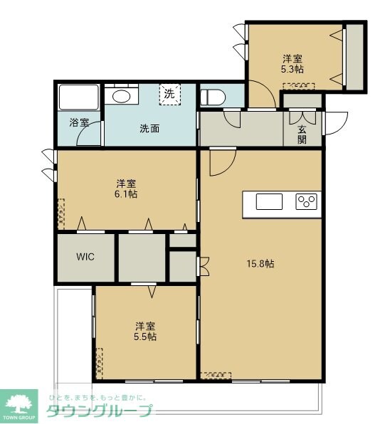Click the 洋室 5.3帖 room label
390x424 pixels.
coord(292,63)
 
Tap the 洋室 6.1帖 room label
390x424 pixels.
coord(127,188)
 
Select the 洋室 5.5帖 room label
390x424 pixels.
coord(146,331)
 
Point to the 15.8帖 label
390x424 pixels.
coord(260,263)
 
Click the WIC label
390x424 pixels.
coord(85,257)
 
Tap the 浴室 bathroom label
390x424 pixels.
coord(79,122)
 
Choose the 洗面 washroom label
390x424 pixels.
coord(149,129)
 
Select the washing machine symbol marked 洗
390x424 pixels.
coord(169,93)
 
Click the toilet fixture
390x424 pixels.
coord(212,97)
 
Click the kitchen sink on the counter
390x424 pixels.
coord(269,201)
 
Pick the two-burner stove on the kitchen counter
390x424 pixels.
coord(307,201)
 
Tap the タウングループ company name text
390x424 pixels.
coord(99,411)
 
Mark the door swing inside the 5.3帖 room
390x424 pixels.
coord(262,95)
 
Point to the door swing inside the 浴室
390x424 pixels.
coord(89,135)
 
